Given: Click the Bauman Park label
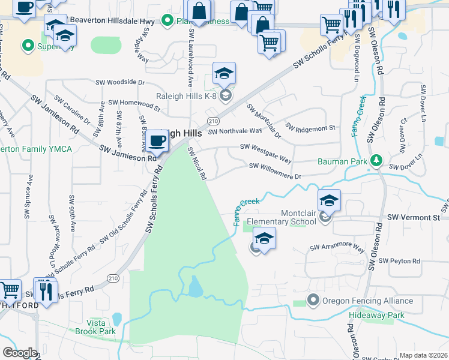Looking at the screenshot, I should (342, 161).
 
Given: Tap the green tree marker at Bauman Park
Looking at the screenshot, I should (376, 160).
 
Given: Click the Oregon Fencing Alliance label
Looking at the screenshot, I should (367, 301).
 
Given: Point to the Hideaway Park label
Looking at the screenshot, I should (377, 315).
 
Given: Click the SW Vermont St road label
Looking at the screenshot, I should (414, 217).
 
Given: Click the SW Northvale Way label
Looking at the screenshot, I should (235, 130).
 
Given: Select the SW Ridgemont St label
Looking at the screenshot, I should (310, 128).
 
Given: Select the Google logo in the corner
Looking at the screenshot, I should (20, 352).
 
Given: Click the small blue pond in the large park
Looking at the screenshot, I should (196, 287).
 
